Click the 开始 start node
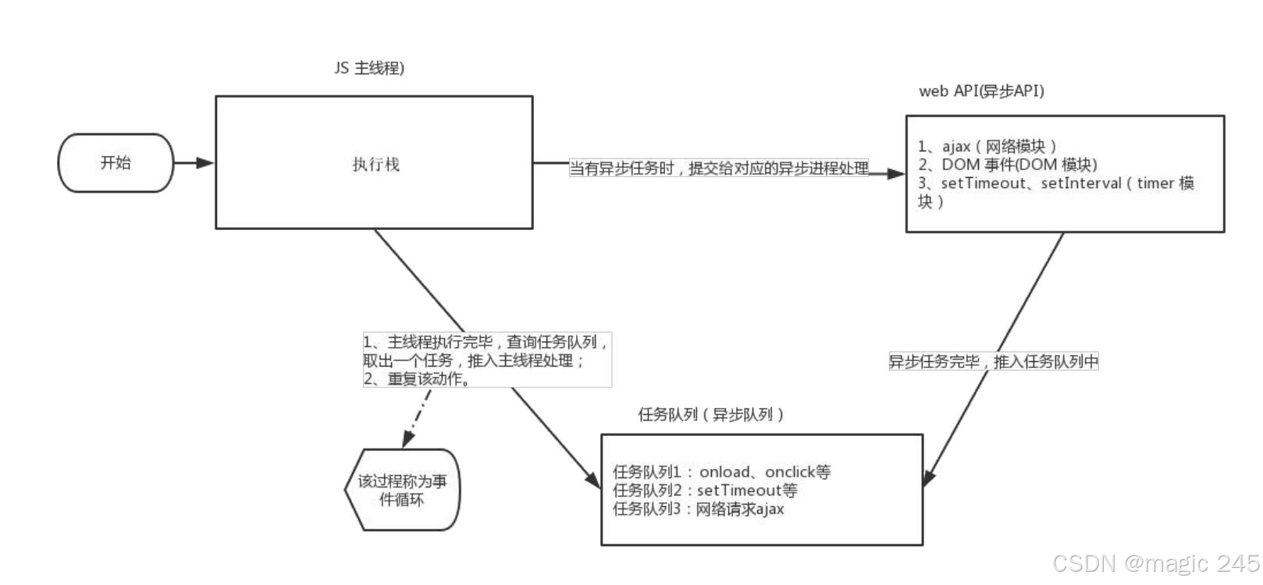pyautogui.click(x=116, y=163)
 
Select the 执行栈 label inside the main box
pyautogui.click(x=375, y=165)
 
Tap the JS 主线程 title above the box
pyautogui.click(x=369, y=69)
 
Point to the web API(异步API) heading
pyautogui.click(x=981, y=91)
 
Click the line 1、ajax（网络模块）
pyautogui.click(x=987, y=147)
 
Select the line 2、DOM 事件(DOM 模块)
pyautogui.click(x=1008, y=165)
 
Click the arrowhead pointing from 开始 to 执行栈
pyautogui.click(x=205, y=163)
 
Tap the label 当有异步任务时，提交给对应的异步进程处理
pyautogui.click(x=718, y=168)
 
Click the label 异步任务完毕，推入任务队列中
pyautogui.click(x=994, y=362)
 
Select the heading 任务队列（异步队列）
pyautogui.click(x=711, y=415)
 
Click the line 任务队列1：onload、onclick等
pyautogui.click(x=721, y=472)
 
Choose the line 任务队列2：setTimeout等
pyautogui.click(x=705, y=491)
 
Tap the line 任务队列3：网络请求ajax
pyautogui.click(x=698, y=509)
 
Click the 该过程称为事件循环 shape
pyautogui.click(x=402, y=490)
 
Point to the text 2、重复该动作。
pyautogui.click(x=417, y=379)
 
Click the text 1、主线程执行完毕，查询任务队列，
pyautogui.click(x=485, y=342)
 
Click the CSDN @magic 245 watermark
pyautogui.click(x=1155, y=563)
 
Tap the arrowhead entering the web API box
pyautogui.click(x=896, y=173)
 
